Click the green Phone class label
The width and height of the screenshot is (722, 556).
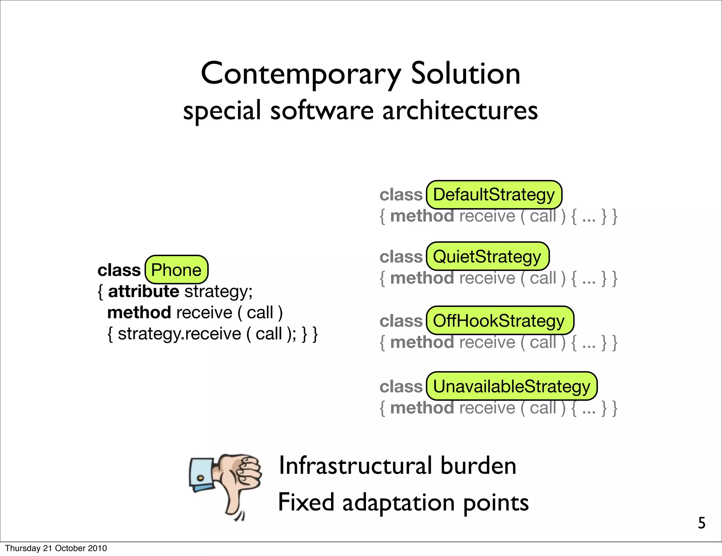pyautogui.click(x=176, y=270)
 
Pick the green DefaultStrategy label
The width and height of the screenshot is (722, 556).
pyautogui.click(x=494, y=195)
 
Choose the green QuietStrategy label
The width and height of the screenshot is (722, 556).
pyautogui.click(x=487, y=256)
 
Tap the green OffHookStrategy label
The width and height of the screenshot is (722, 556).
pyautogui.click(x=500, y=321)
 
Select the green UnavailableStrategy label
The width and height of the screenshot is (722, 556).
pyautogui.click(x=511, y=386)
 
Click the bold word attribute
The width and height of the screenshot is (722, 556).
pyautogui.click(x=143, y=291)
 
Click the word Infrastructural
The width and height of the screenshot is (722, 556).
pyautogui.click(x=355, y=466)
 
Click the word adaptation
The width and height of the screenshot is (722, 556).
pyautogui.click(x=398, y=503)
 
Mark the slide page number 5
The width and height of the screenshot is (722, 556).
pyautogui.click(x=702, y=523)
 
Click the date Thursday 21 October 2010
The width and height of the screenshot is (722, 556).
pyautogui.click(x=56, y=548)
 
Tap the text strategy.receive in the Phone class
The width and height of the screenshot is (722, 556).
pyautogui.click(x=179, y=334)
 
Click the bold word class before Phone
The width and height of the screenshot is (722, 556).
pyautogui.click(x=119, y=270)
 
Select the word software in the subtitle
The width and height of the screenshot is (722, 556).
pyautogui.click(x=322, y=110)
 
